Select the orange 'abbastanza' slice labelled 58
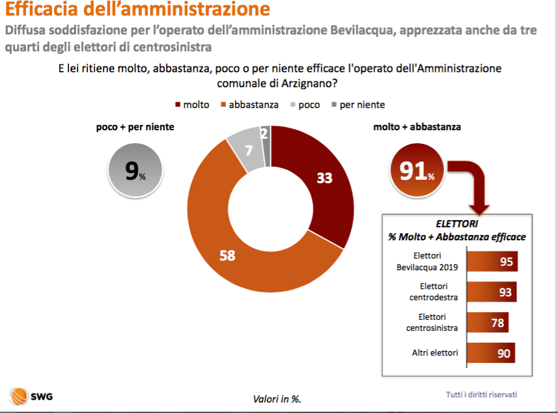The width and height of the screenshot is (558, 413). [x=234, y=248]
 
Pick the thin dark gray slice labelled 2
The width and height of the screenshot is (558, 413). [x=265, y=137]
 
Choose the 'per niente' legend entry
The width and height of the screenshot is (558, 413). [x=357, y=104]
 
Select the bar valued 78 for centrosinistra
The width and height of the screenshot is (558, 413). [x=488, y=323]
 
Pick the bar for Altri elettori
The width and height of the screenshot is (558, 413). [x=492, y=353]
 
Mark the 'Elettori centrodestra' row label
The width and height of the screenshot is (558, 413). [x=434, y=292]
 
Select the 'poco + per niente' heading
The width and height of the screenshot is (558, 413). [x=135, y=128]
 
